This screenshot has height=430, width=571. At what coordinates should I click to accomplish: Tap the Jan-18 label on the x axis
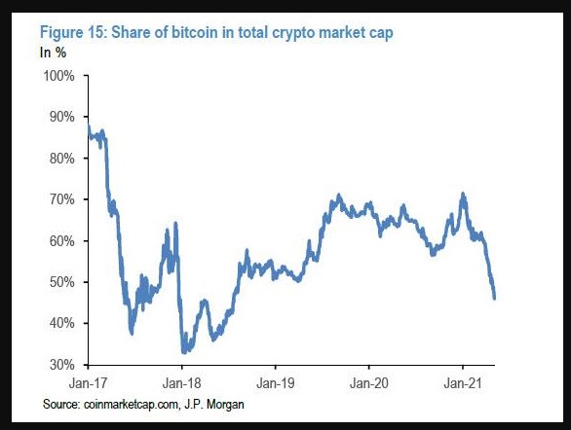[x=182, y=383]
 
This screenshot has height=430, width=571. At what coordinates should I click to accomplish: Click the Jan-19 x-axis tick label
[x=276, y=383]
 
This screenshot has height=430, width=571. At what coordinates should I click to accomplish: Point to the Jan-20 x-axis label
[x=369, y=383]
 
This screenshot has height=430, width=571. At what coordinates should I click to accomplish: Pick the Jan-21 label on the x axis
[x=463, y=383]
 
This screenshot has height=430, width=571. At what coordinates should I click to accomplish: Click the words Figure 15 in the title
[x=75, y=32]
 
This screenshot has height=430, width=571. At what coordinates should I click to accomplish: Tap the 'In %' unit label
[x=53, y=50]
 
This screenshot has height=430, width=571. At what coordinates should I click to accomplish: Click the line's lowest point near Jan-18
[x=183, y=351]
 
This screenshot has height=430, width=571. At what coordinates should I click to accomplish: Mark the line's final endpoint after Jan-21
[x=495, y=298]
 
